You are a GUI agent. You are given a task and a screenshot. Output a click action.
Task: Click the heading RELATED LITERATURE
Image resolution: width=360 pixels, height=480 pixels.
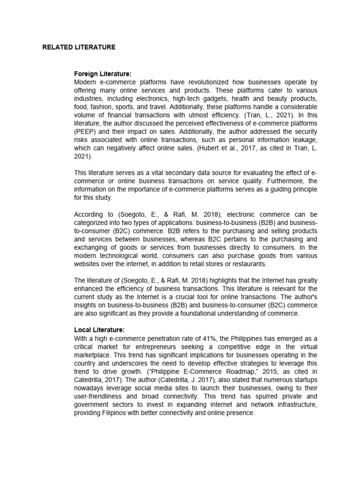click(x=79, y=47)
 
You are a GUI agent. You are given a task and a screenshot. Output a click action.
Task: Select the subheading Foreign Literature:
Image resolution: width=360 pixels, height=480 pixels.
click(x=103, y=74)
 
